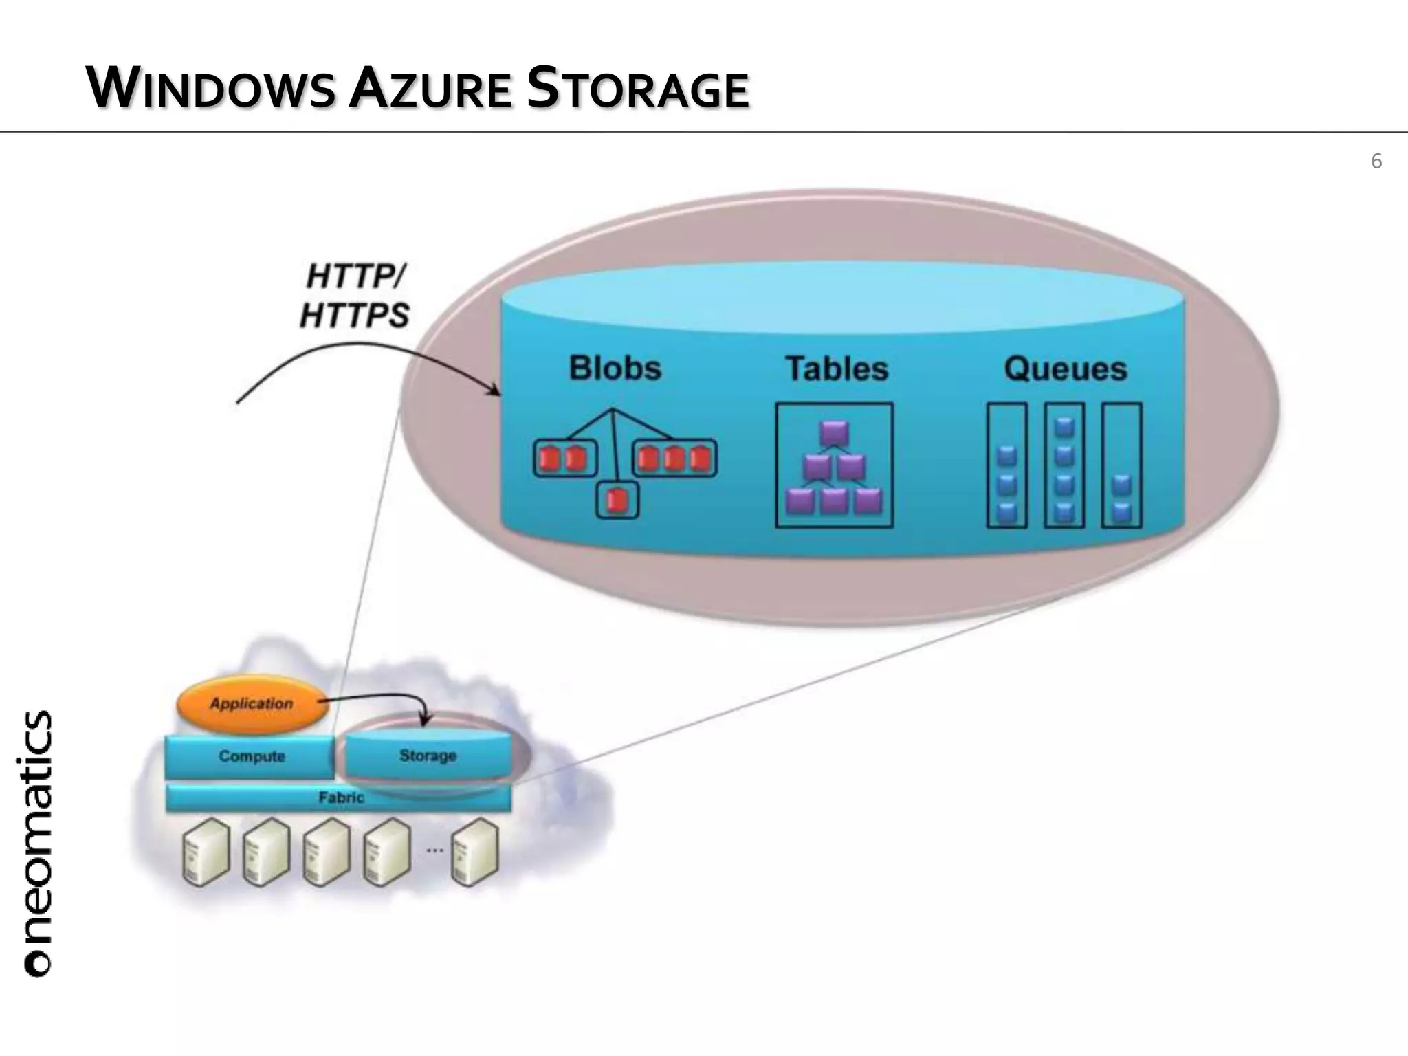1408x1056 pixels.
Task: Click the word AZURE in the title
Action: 430,89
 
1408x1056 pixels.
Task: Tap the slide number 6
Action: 1376,162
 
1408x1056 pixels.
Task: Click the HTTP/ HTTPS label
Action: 355,297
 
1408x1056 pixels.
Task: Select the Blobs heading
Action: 615,368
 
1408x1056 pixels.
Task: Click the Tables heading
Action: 837,368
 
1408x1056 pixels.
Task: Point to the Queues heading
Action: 1065,368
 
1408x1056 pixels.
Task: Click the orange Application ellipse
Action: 252,704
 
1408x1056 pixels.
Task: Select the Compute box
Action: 251,756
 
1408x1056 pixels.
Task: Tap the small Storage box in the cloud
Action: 428,756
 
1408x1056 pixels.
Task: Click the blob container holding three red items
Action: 674,459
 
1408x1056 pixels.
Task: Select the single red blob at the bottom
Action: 617,500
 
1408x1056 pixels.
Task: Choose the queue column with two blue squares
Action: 1121,466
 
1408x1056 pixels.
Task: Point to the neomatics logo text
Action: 38,842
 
